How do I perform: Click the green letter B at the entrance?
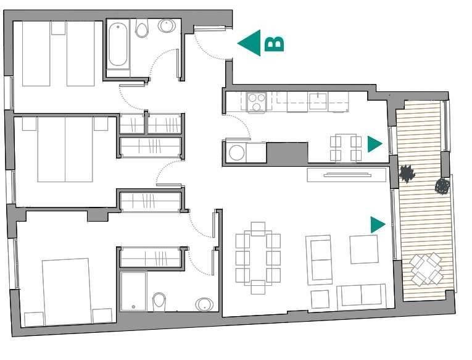tap(274, 44)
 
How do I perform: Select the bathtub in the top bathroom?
tap(118, 45)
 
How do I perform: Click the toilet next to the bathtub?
tap(142, 28)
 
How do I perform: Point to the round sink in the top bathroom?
tap(167, 26)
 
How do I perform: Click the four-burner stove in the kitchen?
tap(256, 102)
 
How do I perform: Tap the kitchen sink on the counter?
tap(318, 100)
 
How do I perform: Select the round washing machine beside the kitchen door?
tap(236, 153)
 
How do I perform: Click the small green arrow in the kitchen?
tap(375, 144)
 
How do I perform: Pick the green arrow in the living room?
tap(378, 225)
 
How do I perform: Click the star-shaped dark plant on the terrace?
tap(407, 174)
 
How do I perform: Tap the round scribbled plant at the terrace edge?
tap(443, 186)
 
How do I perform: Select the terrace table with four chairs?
tap(426, 269)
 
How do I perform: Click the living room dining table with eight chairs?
tap(258, 258)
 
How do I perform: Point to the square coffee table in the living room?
tap(364, 249)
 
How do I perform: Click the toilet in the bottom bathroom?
tap(159, 302)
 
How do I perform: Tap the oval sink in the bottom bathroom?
tap(204, 304)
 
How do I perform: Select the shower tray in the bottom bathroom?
tap(133, 291)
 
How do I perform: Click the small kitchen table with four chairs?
tap(346, 148)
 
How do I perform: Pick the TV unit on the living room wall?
tap(347, 175)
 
